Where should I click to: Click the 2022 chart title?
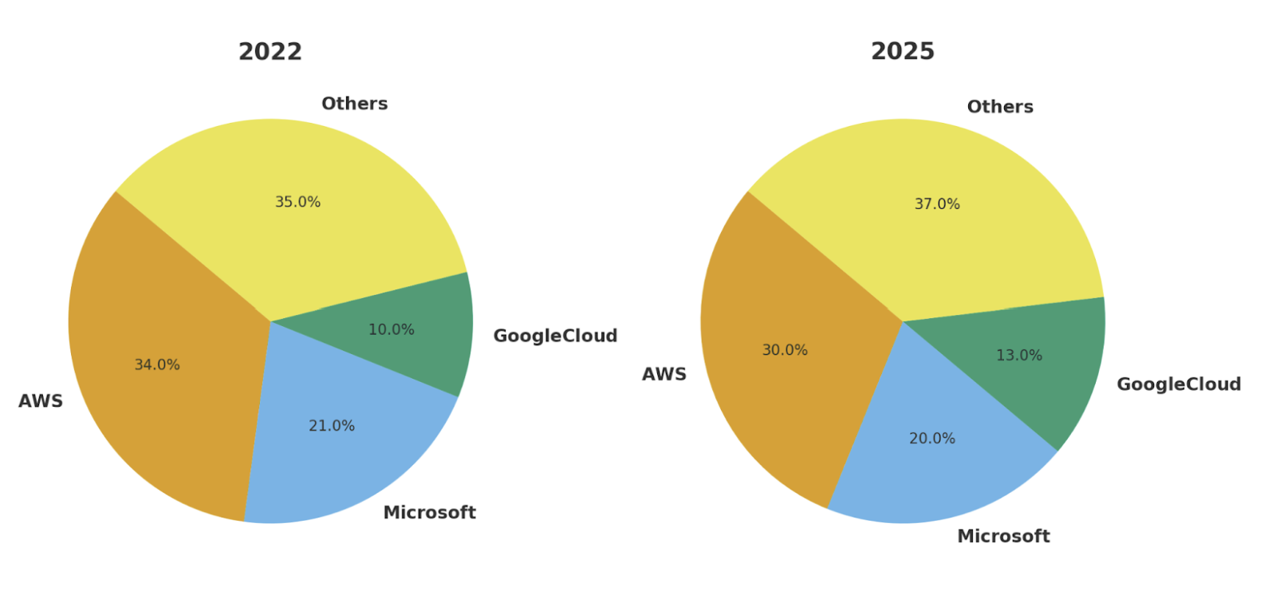pyautogui.click(x=270, y=52)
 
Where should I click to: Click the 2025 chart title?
pyautogui.click(x=902, y=52)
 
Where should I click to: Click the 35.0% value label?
pyautogui.click(x=297, y=203)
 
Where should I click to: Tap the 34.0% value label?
pyautogui.click(x=157, y=365)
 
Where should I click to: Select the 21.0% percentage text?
pyautogui.click(x=332, y=427)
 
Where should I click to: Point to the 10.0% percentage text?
pyautogui.click(x=391, y=330)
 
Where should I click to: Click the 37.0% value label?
pyautogui.click(x=937, y=205)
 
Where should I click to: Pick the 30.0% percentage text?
pyautogui.click(x=785, y=351)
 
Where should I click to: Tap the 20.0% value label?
pyautogui.click(x=932, y=439)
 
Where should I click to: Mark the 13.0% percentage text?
pyautogui.click(x=1019, y=356)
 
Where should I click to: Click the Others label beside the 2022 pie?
pyautogui.click(x=354, y=104)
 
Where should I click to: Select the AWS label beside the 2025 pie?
pyautogui.click(x=664, y=375)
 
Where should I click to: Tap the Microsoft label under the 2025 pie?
pyautogui.click(x=1003, y=537)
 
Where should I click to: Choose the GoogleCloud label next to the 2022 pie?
pyautogui.click(x=555, y=337)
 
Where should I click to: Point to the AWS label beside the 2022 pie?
pyautogui.click(x=41, y=401)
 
